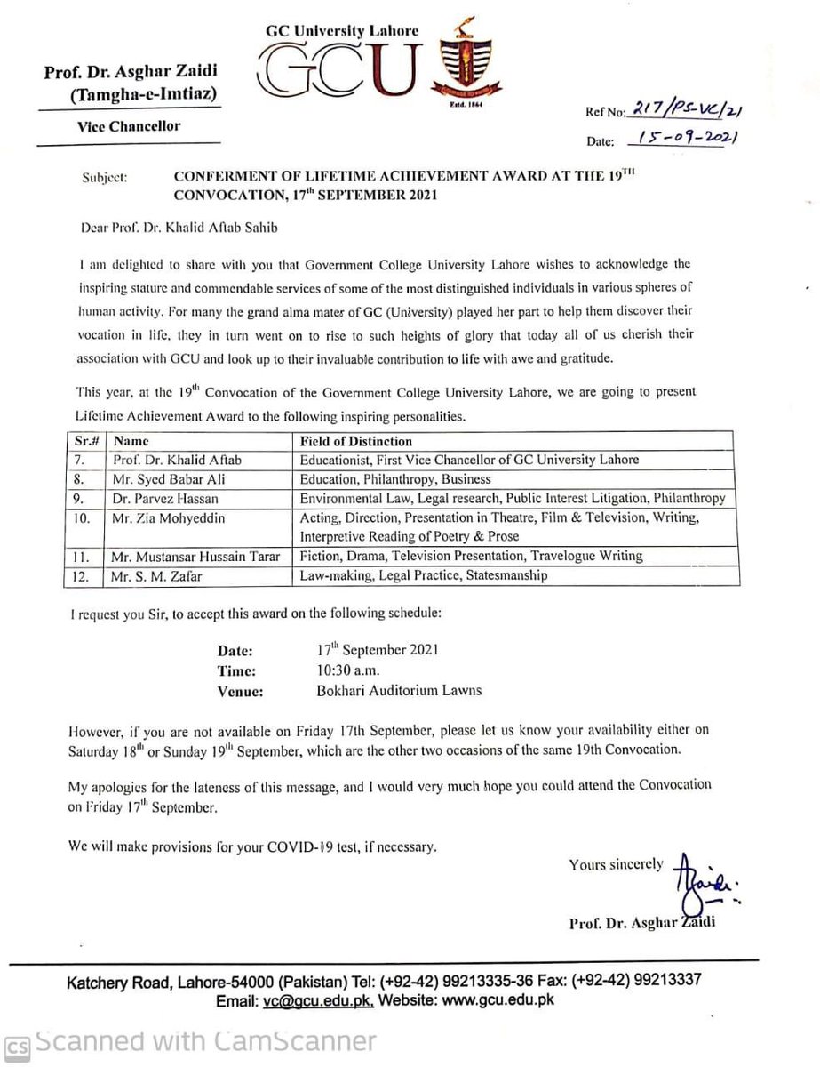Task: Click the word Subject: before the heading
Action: (x=104, y=178)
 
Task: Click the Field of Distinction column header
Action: (x=355, y=440)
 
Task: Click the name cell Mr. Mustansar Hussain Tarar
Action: (x=195, y=557)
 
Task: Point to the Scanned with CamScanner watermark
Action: (x=190, y=1041)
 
